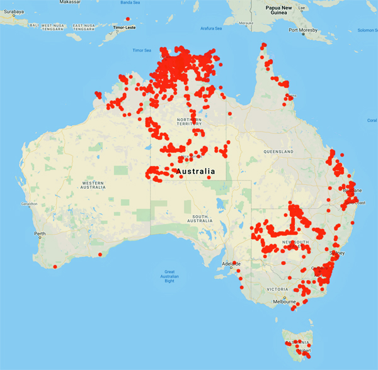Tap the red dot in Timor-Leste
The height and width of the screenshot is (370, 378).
128,19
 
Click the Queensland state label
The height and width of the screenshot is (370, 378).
278,152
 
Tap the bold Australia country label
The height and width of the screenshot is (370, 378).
196,171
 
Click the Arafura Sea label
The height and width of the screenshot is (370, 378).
210,28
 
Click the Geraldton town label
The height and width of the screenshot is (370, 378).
29,204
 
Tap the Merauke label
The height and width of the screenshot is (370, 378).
245,23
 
